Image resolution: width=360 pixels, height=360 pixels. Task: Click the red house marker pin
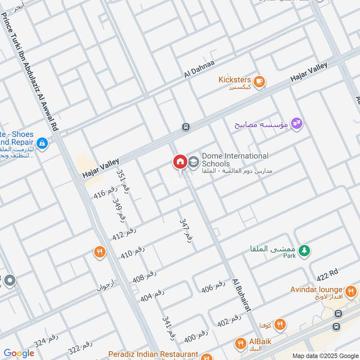point(180,162)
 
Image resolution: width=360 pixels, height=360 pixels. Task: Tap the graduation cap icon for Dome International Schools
point(193,162)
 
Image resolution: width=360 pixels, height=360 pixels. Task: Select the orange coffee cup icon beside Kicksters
point(259,81)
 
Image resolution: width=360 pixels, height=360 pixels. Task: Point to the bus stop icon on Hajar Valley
point(185,127)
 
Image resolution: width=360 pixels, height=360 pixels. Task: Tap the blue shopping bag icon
point(42,143)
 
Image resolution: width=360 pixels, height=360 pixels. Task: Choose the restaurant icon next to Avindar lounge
point(350,290)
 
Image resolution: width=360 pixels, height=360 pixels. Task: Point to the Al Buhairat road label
point(241,295)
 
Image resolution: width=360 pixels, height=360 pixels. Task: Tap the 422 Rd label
point(327,274)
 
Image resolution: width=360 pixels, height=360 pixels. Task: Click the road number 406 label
point(213,287)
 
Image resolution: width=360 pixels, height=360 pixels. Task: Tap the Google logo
point(18,353)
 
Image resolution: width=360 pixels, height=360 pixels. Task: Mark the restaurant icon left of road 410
point(99,252)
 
